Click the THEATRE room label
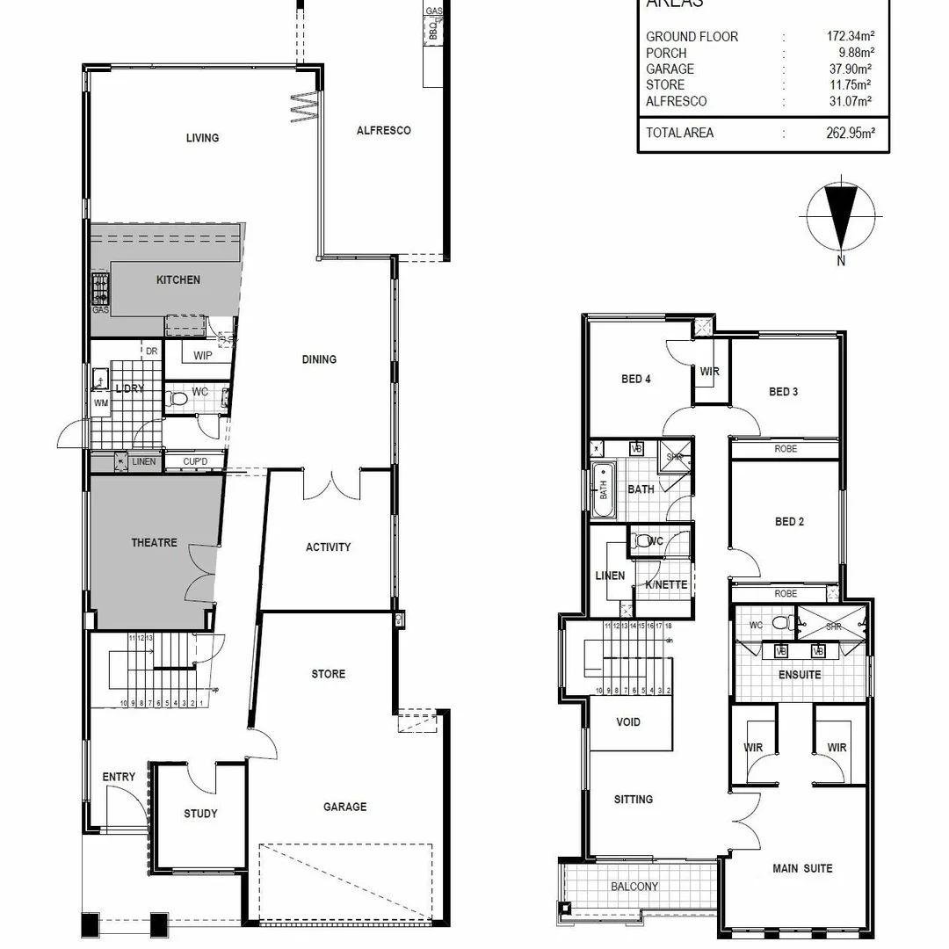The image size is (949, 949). pyautogui.click(x=154, y=543)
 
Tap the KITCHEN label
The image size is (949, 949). pyautogui.click(x=178, y=280)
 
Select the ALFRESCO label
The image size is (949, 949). pyautogui.click(x=383, y=131)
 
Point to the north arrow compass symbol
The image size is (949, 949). pyautogui.click(x=841, y=216)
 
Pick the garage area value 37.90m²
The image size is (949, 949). pyautogui.click(x=846, y=69)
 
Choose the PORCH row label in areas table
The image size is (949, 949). pyautogui.click(x=666, y=53)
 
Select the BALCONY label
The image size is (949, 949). pyautogui.click(x=634, y=887)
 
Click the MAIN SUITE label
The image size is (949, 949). pyautogui.click(x=802, y=869)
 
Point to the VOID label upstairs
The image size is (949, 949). pyautogui.click(x=628, y=722)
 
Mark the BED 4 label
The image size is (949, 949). pyautogui.click(x=636, y=380)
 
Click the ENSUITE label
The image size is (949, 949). pyautogui.click(x=800, y=675)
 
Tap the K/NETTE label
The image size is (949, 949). pyautogui.click(x=666, y=585)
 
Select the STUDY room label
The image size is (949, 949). pyautogui.click(x=200, y=814)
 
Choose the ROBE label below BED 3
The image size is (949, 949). pyautogui.click(x=786, y=448)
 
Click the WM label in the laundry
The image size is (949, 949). pyautogui.click(x=102, y=403)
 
